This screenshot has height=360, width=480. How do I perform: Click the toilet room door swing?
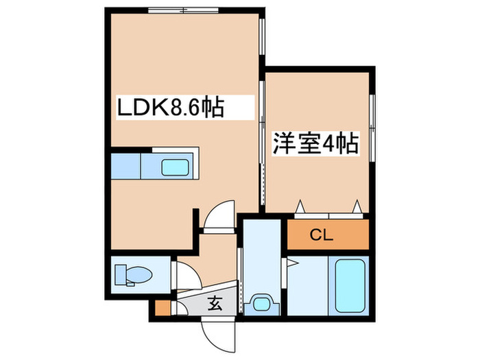click(182, 277)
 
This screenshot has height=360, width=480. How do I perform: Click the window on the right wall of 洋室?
click(372, 128)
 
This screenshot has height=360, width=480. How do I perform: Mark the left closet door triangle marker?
click(300, 206)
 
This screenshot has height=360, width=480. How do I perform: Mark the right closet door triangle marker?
click(357, 206)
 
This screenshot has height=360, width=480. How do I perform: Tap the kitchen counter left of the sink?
click(125, 167)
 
